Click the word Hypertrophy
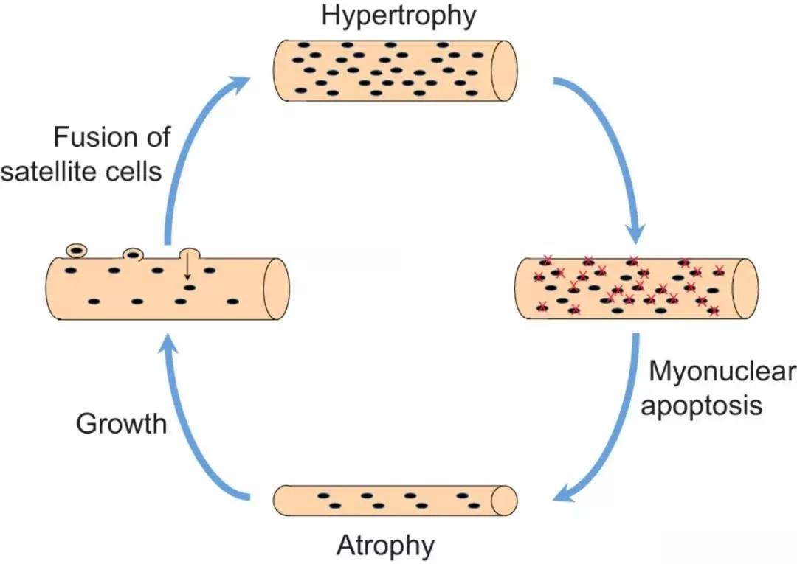tap(399, 15)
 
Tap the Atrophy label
tap(386, 546)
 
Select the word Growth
tap(122, 423)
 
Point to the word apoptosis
tap(702, 405)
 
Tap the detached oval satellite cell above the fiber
tap(77, 250)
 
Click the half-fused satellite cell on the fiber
tap(134, 254)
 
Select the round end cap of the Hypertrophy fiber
tap(504, 71)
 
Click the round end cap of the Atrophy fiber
tap(504, 501)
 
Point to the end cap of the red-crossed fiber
tap(745, 288)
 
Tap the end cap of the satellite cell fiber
tap(276, 289)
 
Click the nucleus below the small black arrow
tap(190, 288)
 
